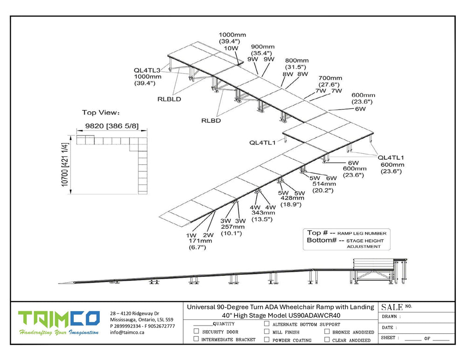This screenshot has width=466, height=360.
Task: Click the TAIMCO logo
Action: tap(59, 319)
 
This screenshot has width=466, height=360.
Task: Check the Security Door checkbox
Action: tap(197, 332)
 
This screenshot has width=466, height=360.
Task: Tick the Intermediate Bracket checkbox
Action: tap(197, 340)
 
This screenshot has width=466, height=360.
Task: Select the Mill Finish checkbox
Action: tap(267, 332)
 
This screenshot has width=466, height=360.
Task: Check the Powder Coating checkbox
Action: tap(267, 340)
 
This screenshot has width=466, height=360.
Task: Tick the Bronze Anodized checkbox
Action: tap(327, 332)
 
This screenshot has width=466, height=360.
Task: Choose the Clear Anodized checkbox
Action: tap(327, 340)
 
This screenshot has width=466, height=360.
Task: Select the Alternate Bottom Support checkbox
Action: tap(267, 324)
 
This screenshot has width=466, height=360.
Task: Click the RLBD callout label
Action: tap(211, 120)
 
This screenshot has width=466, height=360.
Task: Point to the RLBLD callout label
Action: tap(169, 99)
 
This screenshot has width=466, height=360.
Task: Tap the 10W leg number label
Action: tap(231, 48)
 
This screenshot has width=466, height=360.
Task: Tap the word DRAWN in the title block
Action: tap(389, 317)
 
